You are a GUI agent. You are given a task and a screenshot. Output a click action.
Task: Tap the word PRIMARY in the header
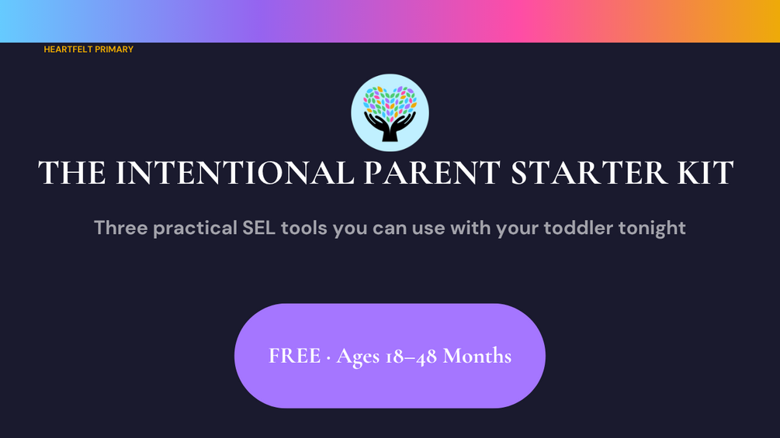pos(114,49)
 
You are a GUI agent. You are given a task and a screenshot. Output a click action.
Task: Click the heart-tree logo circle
pos(390,112)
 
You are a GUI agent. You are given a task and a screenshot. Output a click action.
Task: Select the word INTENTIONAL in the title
pos(235,173)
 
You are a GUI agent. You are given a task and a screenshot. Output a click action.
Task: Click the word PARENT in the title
pos(432,173)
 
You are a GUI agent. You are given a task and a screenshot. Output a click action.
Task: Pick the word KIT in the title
pos(705,173)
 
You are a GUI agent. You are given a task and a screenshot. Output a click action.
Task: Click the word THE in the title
pos(72,173)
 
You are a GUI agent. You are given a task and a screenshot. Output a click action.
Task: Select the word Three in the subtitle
pos(121,228)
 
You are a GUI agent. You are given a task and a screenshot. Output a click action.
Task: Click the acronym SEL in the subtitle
pos(258,228)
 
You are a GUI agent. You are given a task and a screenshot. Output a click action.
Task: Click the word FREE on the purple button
pos(294,356)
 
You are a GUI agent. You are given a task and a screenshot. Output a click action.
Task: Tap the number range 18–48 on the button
pos(411,357)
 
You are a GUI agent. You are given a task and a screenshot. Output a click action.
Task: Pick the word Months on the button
pos(477,356)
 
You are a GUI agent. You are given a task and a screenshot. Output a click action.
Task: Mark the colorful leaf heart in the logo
pos(390,102)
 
